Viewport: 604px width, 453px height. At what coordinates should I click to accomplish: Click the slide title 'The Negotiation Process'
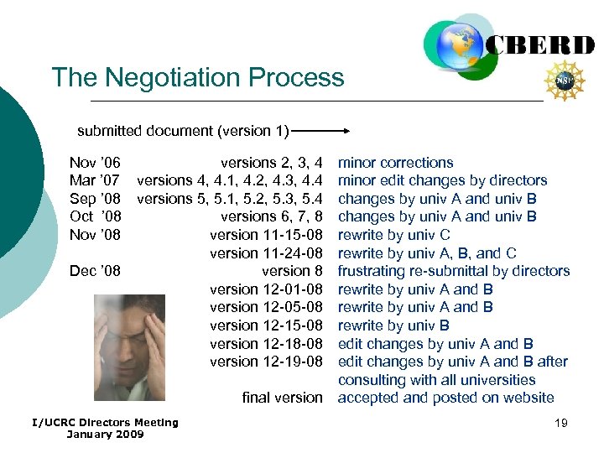(198, 78)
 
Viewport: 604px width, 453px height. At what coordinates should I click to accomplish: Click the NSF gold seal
(569, 80)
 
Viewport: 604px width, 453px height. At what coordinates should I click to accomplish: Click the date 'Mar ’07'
(95, 180)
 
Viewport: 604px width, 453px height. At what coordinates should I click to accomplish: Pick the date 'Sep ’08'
(95, 199)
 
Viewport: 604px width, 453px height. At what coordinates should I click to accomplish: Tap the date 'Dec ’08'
(95, 271)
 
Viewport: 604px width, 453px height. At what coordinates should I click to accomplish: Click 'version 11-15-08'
(266, 235)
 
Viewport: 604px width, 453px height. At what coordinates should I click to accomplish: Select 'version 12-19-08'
(266, 362)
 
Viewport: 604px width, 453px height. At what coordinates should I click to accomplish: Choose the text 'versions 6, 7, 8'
(271, 216)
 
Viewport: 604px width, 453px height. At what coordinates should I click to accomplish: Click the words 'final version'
(282, 398)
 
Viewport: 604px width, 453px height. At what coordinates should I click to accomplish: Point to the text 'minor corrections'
(394, 163)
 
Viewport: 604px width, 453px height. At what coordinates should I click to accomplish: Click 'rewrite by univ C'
(393, 235)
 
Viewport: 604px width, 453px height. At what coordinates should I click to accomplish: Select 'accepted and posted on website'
(445, 398)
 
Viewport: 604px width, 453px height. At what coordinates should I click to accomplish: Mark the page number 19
(560, 423)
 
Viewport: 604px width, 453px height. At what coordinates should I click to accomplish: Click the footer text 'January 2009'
(105, 434)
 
